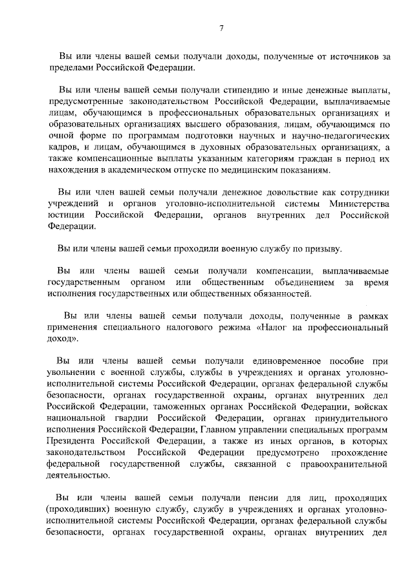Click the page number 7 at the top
click(221, 28)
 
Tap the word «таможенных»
click(181, 406)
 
